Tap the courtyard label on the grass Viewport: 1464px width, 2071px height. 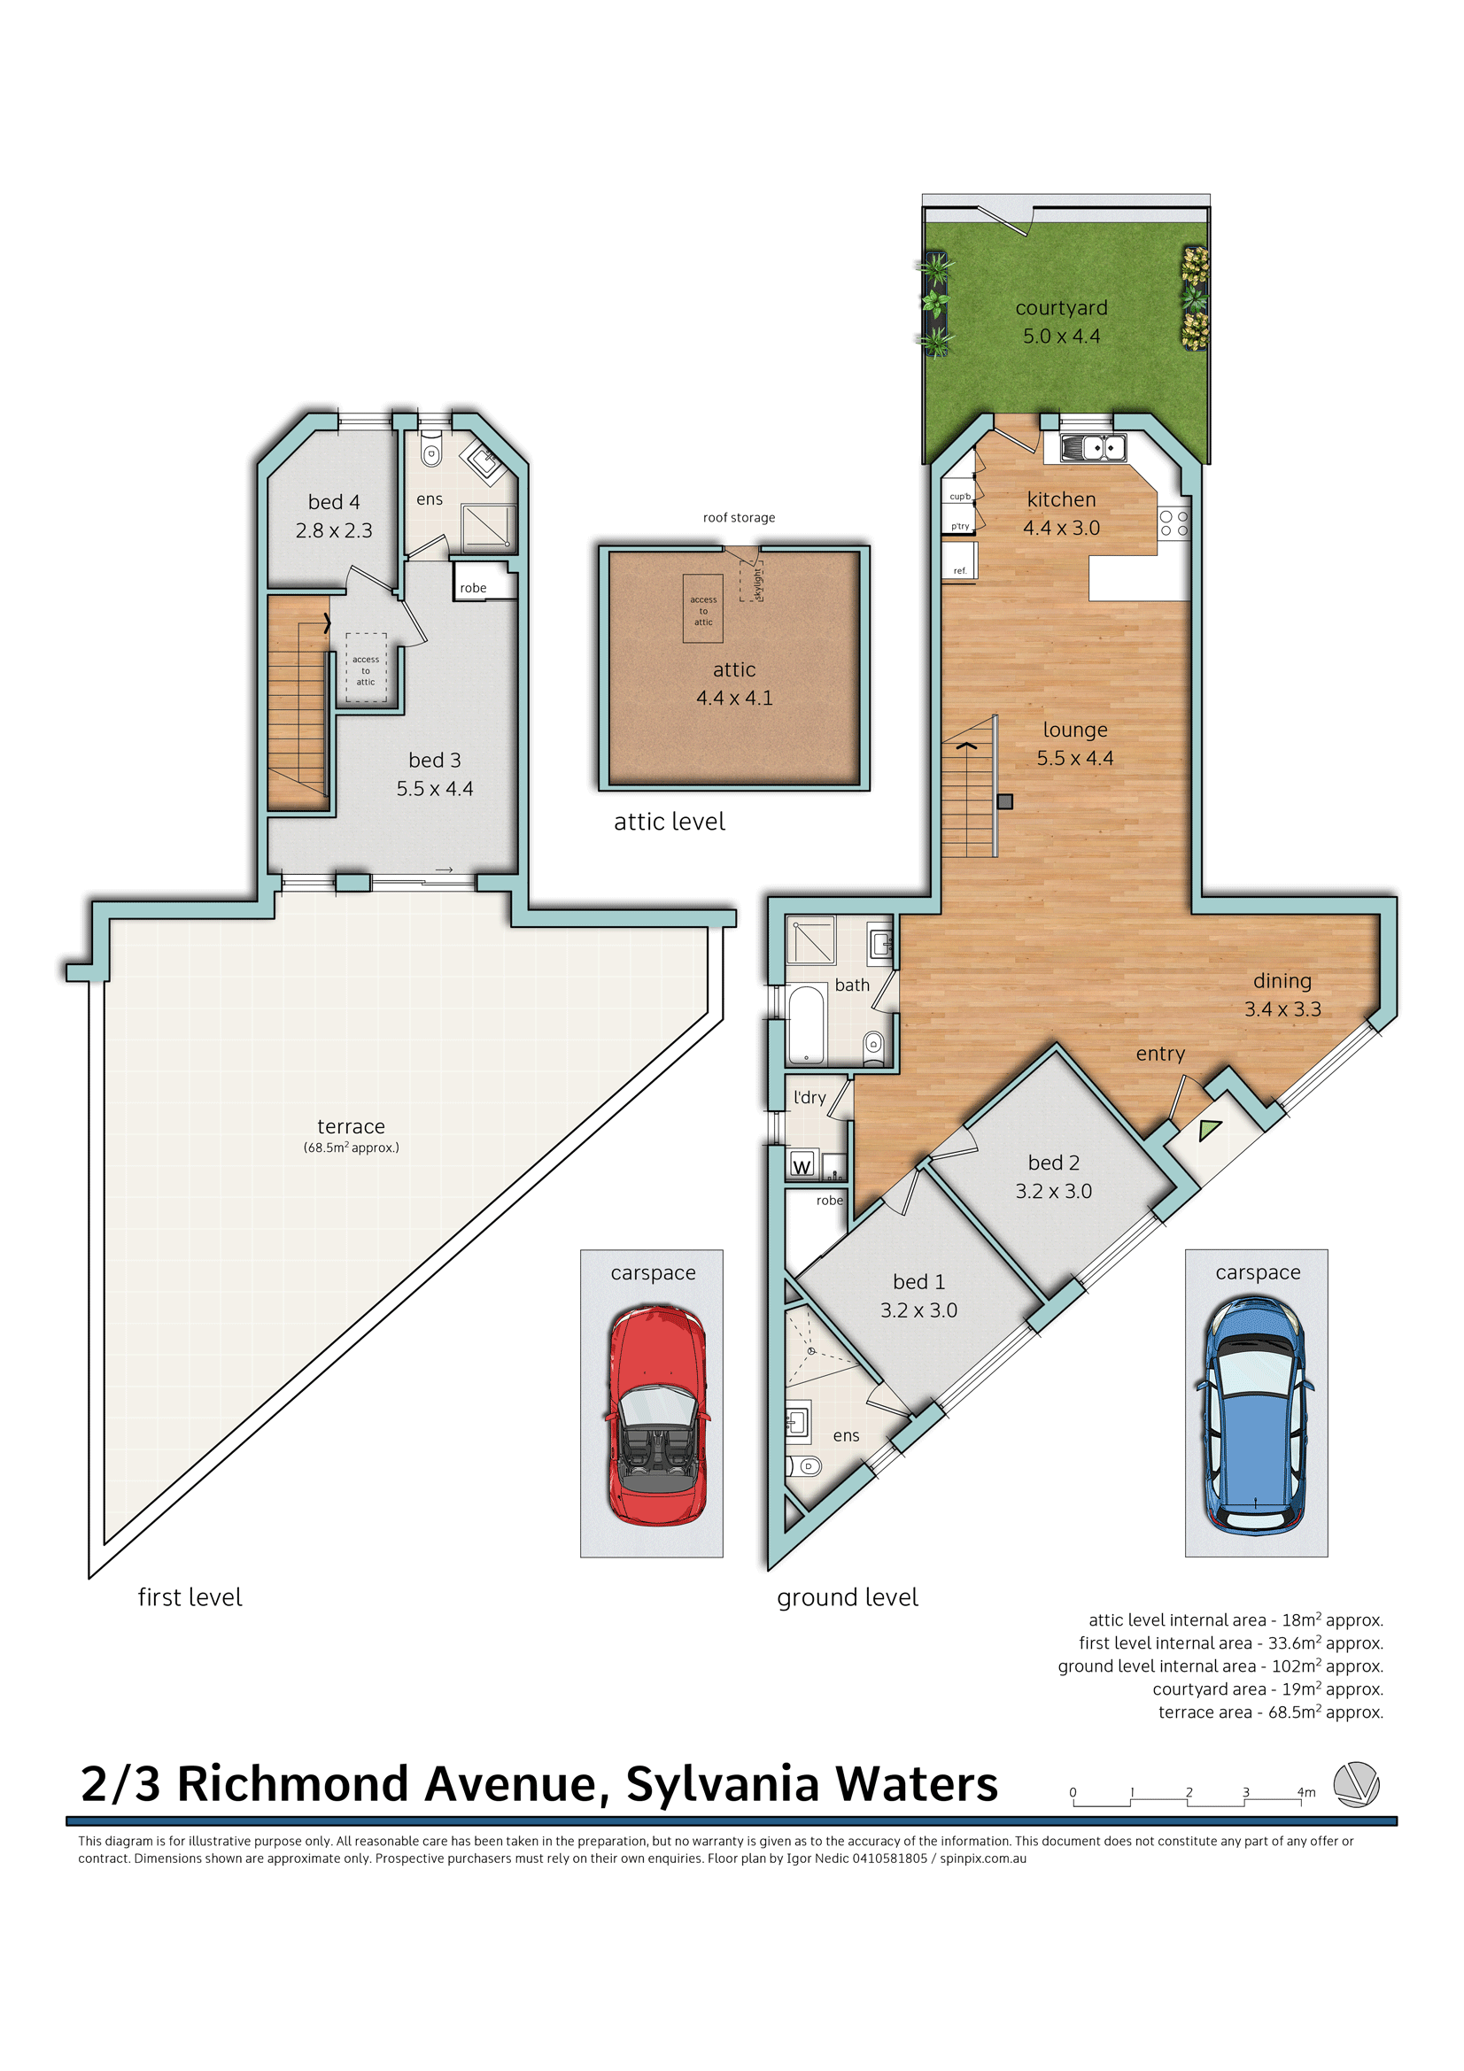1061,308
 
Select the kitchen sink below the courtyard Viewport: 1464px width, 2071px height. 1092,446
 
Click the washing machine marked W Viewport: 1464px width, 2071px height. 802,1166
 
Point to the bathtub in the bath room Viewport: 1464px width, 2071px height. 807,1024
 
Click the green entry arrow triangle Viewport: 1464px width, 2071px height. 1209,1129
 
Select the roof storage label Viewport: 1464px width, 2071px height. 739,518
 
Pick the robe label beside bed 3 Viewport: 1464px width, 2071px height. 473,588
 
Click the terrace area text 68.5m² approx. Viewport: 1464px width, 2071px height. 351,1148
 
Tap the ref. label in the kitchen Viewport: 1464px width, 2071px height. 960,571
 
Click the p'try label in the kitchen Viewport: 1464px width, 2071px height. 960,526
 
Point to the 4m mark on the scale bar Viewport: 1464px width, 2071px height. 1305,1792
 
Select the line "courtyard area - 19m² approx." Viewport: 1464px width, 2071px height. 1266,1688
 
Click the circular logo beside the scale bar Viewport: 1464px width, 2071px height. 1356,1784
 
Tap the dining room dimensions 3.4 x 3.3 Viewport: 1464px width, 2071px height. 1282,1009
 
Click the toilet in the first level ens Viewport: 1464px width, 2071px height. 431,452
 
